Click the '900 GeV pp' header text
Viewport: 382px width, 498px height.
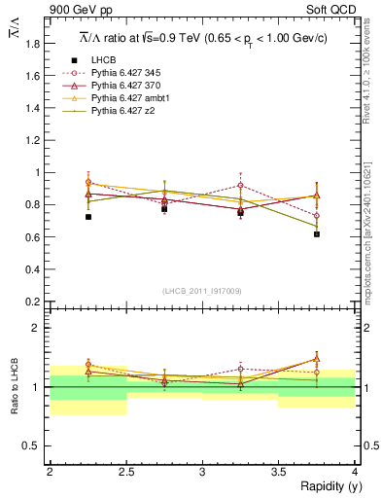click(x=75, y=11)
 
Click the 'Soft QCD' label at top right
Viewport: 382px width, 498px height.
click(x=330, y=11)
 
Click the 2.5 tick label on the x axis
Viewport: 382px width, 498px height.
click(x=125, y=472)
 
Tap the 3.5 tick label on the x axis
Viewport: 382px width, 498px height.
click(x=278, y=472)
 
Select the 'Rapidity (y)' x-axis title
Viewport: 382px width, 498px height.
click(x=328, y=485)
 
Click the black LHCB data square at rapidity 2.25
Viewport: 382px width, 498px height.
click(x=87, y=217)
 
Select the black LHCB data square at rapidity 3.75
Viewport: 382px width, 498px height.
click(x=317, y=234)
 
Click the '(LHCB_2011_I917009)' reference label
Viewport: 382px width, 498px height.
click(x=202, y=291)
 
